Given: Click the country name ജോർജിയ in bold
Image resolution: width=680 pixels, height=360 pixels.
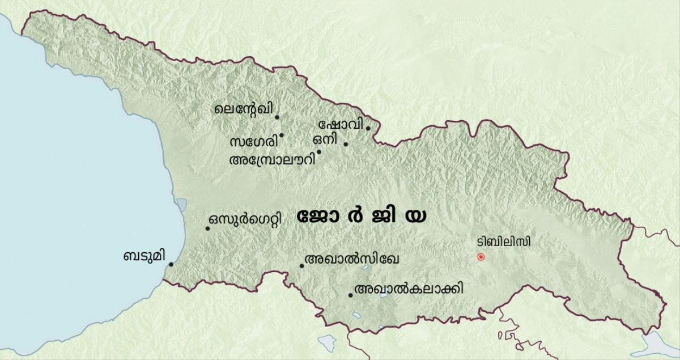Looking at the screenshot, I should [362, 217].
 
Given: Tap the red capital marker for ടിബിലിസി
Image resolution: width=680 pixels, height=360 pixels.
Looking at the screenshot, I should [481, 257].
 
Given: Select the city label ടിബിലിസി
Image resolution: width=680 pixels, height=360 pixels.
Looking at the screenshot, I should [504, 242].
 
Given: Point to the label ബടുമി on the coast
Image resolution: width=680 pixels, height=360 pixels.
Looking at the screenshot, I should [144, 256].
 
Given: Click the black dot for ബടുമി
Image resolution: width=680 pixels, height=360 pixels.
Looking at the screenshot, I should [171, 264].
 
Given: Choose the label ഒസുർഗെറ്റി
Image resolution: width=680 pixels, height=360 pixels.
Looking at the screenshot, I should [244, 220].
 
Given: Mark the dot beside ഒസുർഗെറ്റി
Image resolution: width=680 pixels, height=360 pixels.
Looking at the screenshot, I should [208, 228].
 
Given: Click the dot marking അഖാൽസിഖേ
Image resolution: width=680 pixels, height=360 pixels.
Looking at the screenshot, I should [301, 265].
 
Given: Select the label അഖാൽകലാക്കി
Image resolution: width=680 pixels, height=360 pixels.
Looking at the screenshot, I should [408, 289].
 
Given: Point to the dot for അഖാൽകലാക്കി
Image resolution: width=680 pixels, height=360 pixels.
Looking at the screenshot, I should [350, 294].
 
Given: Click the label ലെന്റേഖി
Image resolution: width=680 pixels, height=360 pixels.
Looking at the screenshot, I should [242, 109].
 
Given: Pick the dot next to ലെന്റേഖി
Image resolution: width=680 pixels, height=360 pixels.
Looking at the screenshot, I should [277, 117].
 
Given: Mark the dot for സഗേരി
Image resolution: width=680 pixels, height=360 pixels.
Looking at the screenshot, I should [282, 135].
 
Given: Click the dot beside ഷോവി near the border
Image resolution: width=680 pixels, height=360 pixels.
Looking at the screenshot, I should [368, 128].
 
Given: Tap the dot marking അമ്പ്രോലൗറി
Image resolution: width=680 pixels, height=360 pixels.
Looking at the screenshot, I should [319, 151].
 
